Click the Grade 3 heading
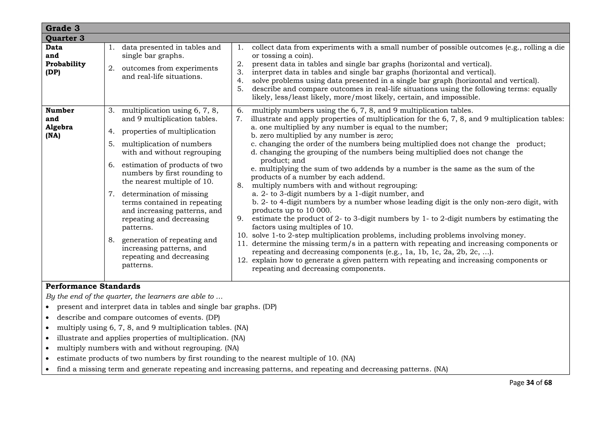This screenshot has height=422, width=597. (x=63, y=28)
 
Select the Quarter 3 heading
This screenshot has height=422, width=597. (x=65, y=38)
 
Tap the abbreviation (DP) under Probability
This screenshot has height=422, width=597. (x=53, y=72)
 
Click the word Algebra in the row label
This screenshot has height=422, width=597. (x=59, y=127)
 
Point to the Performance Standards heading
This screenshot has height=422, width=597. (x=93, y=286)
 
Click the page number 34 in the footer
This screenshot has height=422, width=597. (x=530, y=383)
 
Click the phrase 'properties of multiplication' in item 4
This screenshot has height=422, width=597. (x=169, y=131)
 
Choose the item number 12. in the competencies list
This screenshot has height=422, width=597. (x=242, y=260)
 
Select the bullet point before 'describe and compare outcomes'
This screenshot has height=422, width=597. (x=48, y=318)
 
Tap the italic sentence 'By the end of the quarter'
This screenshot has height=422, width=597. (x=134, y=297)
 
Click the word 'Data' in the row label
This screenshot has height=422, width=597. (x=54, y=47)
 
